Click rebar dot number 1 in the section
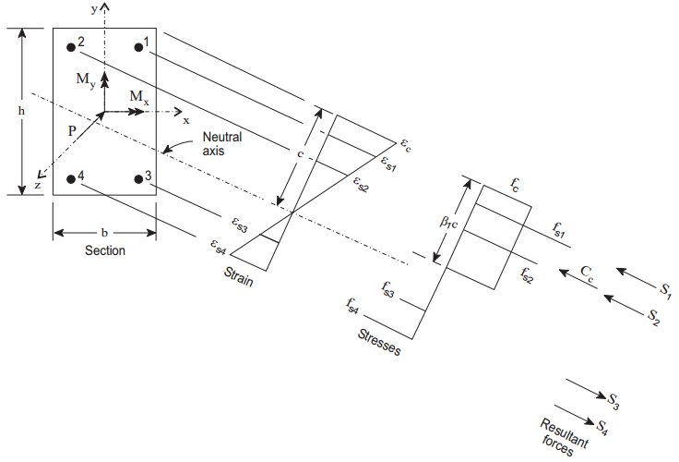[137, 47]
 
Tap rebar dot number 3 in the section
[137, 179]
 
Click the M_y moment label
[85, 80]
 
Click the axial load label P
[72, 131]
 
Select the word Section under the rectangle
[104, 249]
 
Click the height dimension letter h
[21, 111]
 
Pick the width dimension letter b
[104, 231]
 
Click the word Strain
[237, 275]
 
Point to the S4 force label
[601, 427]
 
